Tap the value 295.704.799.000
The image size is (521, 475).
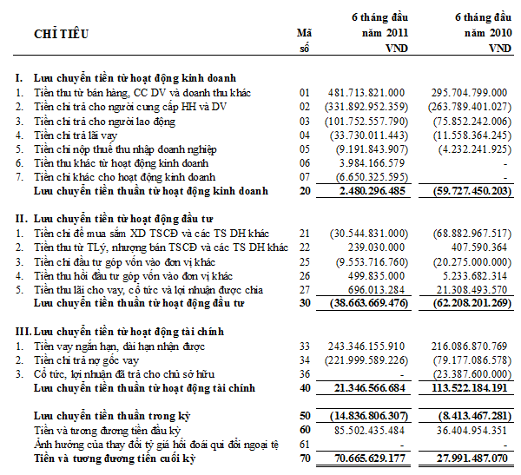(468, 92)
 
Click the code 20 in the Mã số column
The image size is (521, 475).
(305, 190)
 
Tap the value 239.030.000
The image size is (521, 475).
(375, 247)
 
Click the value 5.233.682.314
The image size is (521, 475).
(472, 275)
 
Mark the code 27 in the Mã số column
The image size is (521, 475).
(305, 289)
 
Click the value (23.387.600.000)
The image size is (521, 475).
(466, 373)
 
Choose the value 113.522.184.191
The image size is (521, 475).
(468, 387)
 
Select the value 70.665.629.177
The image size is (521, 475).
(364, 459)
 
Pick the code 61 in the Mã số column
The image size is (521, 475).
(305, 444)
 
